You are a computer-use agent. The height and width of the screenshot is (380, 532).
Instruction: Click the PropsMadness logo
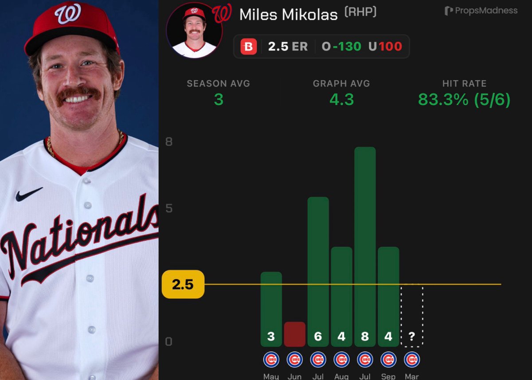481,11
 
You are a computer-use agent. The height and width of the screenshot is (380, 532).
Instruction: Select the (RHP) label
360,12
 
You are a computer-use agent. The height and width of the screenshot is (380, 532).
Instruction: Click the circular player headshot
194,30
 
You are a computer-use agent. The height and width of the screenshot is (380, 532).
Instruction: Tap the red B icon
248,47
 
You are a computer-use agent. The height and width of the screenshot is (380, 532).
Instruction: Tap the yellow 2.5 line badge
183,284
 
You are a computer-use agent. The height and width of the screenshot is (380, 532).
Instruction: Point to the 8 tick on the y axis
169,142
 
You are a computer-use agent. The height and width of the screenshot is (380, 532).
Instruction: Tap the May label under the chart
271,376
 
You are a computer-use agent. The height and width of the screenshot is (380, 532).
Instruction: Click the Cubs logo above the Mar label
412,359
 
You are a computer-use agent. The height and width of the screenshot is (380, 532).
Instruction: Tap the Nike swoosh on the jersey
29,194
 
